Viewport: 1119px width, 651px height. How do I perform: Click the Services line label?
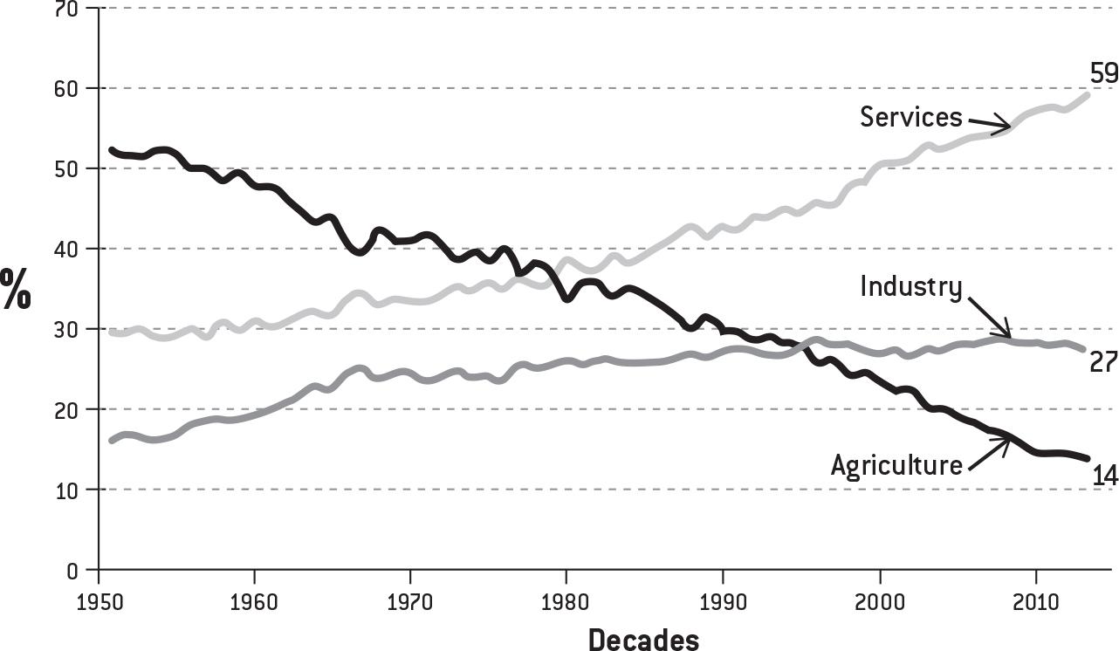pos(910,117)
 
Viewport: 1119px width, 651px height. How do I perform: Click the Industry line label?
pos(910,287)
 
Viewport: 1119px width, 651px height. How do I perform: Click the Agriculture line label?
pos(896,464)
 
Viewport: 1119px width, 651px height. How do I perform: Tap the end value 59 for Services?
pos(1103,73)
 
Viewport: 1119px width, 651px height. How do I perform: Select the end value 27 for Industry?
pos(1103,361)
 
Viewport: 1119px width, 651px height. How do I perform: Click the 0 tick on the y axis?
pos(72,571)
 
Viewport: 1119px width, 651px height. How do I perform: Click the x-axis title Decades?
pos(643,640)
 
